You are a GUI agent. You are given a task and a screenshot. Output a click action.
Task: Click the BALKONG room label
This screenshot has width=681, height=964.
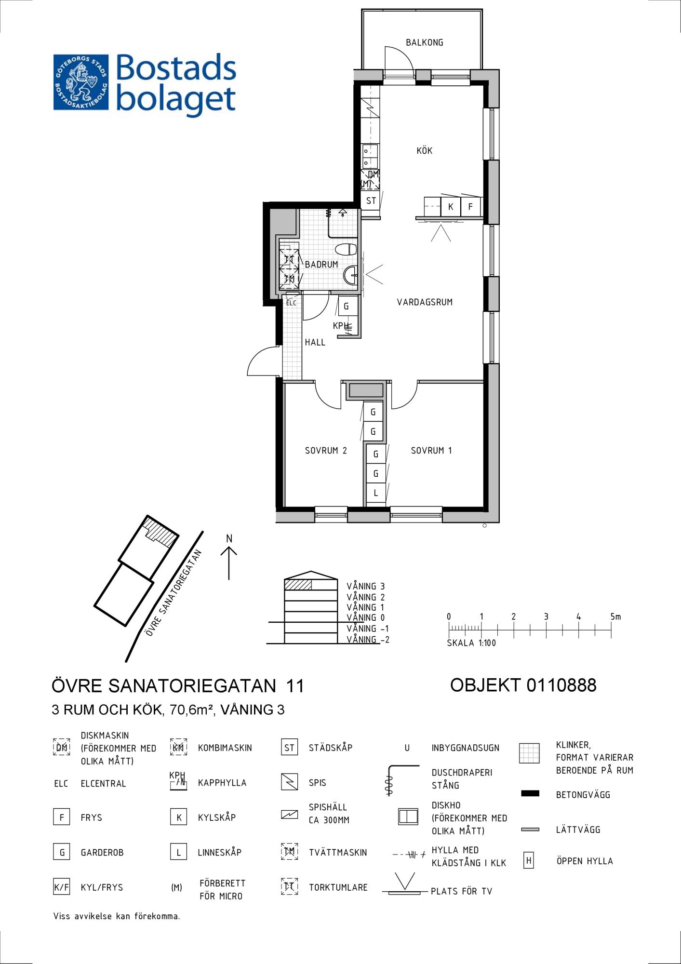(424, 42)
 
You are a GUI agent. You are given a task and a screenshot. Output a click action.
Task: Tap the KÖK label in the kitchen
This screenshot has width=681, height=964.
(424, 150)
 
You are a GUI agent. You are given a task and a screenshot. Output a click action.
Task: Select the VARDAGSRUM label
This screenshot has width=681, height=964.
(425, 302)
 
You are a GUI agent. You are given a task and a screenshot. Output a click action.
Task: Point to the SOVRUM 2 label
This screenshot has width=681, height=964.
(326, 451)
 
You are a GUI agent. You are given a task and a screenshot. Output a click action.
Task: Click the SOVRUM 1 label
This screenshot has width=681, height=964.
(431, 451)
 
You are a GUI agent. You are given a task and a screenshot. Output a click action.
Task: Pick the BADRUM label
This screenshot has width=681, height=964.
(321, 265)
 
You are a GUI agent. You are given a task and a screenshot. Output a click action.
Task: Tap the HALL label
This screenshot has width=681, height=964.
(315, 343)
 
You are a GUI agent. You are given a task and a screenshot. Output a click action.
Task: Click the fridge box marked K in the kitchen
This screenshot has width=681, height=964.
(451, 206)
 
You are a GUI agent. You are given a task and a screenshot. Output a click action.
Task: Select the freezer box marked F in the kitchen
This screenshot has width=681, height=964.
(470, 206)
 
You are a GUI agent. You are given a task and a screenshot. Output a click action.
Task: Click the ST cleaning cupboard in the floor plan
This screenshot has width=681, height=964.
(371, 201)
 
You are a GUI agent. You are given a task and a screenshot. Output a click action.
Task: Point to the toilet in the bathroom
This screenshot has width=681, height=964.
(346, 250)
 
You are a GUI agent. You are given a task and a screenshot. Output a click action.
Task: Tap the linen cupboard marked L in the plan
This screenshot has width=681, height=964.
(376, 493)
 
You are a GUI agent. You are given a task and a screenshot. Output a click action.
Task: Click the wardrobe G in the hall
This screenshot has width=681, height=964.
(347, 306)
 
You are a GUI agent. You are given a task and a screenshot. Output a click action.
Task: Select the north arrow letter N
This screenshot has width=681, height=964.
(229, 538)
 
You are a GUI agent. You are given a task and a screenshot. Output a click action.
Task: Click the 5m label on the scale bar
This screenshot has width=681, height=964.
(615, 616)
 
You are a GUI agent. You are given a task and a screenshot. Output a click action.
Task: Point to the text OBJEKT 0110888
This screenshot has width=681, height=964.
(523, 685)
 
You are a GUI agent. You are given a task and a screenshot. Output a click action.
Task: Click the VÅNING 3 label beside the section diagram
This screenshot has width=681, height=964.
(365, 587)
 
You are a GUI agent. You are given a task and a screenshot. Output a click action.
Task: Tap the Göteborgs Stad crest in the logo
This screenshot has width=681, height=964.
(81, 82)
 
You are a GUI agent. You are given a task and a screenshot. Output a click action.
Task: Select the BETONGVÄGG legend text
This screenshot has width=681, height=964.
(583, 795)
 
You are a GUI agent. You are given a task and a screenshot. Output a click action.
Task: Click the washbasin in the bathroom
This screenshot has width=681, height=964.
(350, 276)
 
